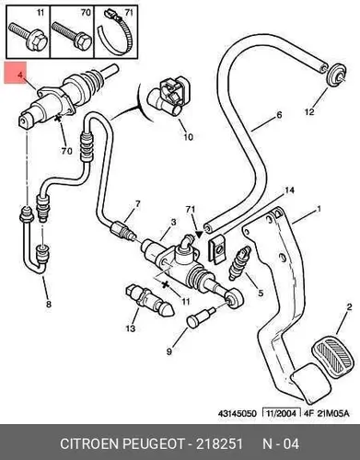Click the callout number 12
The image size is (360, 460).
click(309, 111)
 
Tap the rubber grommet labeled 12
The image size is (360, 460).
click(335, 75)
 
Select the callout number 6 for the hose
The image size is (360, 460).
click(279, 115)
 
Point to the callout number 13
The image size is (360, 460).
click(131, 328)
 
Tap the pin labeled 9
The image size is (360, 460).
click(201, 318)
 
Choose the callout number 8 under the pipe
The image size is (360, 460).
click(48, 304)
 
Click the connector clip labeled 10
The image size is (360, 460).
click(168, 98)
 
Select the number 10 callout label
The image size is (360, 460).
click(188, 136)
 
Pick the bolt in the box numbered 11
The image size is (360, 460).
click(29, 37)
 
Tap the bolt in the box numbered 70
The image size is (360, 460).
click(72, 36)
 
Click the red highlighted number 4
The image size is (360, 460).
click(20, 75)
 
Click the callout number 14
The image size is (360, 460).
click(288, 190)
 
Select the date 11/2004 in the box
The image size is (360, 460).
click(279, 413)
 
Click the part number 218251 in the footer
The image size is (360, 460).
click(219, 443)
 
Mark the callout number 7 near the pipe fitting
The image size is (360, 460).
click(138, 203)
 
